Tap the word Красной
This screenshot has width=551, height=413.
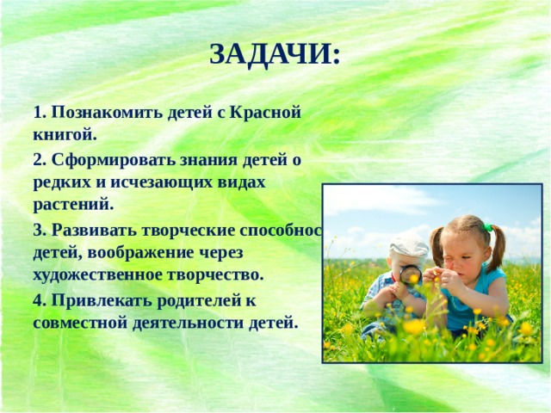(267, 113)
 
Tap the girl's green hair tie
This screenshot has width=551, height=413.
(487, 228)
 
